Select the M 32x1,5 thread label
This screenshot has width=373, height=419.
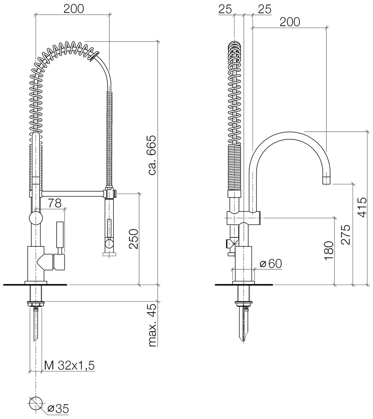[x=69, y=365]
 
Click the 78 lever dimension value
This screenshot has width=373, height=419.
[x=55, y=203]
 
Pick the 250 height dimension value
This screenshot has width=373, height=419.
[x=133, y=239]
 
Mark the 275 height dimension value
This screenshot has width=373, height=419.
[x=346, y=235]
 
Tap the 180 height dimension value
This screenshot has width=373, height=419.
[x=329, y=250]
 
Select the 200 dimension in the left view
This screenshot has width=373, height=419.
[x=74, y=9]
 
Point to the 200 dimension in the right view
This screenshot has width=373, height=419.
[x=290, y=22]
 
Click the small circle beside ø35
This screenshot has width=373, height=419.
[x=36, y=403]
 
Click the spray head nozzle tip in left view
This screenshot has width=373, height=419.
[x=109, y=254]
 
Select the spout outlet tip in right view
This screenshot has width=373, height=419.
[x=326, y=181]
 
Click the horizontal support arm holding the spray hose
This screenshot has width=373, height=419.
[x=73, y=194]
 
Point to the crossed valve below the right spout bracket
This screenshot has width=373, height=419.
[x=233, y=243]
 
